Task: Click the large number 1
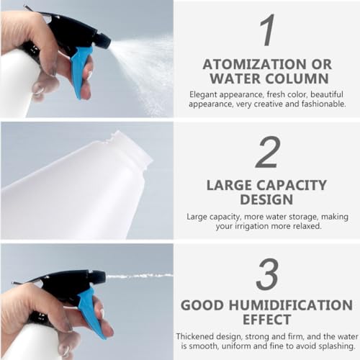coord(267,30)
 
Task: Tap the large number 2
coord(268,152)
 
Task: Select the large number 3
coord(267,274)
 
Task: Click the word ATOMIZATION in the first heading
coord(255,64)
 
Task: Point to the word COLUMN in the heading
coord(297,78)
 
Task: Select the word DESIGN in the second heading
coord(266,199)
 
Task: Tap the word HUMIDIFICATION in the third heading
coord(291,305)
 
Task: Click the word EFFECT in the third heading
coord(267,320)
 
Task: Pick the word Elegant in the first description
coord(203,94)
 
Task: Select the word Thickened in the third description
coord(194,336)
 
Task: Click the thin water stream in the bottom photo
coord(139,276)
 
